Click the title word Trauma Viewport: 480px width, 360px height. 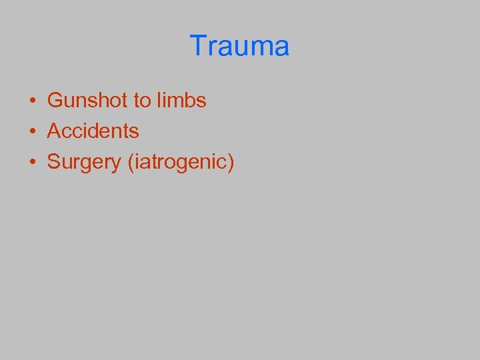tap(239, 46)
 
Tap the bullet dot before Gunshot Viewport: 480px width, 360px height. tap(32, 101)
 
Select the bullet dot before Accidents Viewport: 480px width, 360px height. tap(32, 131)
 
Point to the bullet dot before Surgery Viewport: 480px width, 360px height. tap(32, 162)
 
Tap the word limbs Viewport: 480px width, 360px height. tap(182, 101)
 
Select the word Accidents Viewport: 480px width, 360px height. tap(93, 131)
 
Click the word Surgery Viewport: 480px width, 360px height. tap(83, 162)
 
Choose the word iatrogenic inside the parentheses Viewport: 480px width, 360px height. tap(179, 162)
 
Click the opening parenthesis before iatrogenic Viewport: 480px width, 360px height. tap(129, 162)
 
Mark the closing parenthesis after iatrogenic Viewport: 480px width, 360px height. tap(231, 162)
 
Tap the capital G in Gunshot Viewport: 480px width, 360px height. tap(55, 101)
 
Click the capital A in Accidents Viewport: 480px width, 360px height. tap(54, 131)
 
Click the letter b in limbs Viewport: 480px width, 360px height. tap(189, 101)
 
